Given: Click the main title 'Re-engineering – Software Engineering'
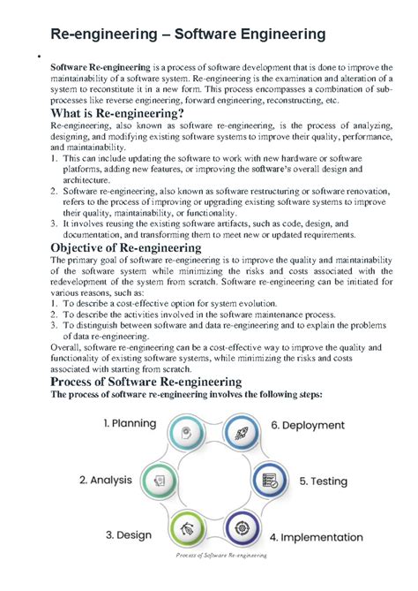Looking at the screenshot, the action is click(188, 35).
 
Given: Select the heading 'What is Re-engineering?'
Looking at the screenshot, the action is click(117, 115).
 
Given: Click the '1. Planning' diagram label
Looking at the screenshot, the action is click(130, 424).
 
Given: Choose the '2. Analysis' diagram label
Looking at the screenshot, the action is click(105, 481).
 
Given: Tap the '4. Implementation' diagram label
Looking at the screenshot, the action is click(316, 536).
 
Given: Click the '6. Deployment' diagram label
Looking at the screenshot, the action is click(313, 425).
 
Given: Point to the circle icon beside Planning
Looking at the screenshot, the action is click(185, 434).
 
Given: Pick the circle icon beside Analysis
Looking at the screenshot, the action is click(159, 481).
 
